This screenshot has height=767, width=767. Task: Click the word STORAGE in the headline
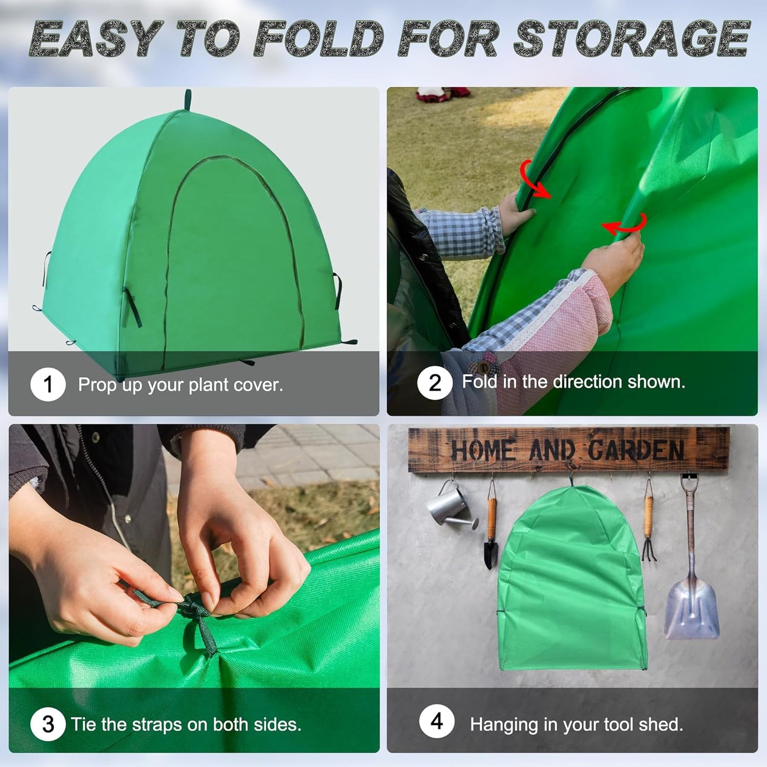coord(631,39)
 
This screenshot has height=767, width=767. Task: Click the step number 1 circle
coord(48,385)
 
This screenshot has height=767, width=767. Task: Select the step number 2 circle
coord(435,383)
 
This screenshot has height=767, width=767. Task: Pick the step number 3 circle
coord(48,724)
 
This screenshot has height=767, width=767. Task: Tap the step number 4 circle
coord(436,721)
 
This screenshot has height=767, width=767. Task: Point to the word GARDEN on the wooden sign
coord(636,451)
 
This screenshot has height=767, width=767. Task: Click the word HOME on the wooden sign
coord(482,451)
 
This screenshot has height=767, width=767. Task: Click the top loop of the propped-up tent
coord(187,99)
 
